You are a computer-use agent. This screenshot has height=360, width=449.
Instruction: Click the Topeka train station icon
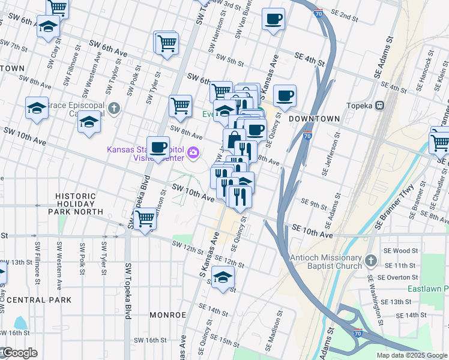pyautogui.click(x=379, y=105)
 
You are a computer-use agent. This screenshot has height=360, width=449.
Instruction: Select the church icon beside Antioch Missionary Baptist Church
pyautogui.click(x=371, y=260)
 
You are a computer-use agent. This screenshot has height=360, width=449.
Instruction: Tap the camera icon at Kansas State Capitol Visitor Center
pyautogui.click(x=193, y=152)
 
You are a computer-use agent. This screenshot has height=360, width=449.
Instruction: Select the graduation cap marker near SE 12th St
pyautogui.click(x=223, y=278)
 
